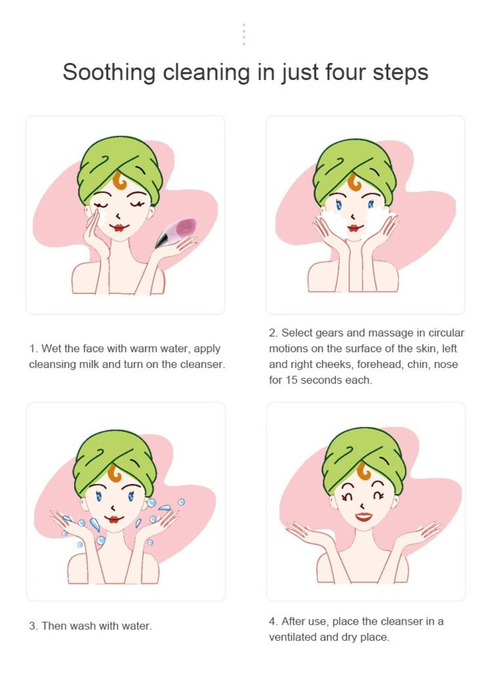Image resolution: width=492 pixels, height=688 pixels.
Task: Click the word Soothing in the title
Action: [x=108, y=72]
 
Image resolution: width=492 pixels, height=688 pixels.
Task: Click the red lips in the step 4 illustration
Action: [x=363, y=517]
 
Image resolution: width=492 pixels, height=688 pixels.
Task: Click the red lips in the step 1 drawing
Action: [x=119, y=228]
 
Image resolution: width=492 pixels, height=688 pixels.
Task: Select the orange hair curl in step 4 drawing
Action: [x=365, y=471]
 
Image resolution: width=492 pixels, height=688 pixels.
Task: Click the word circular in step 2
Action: [x=446, y=333]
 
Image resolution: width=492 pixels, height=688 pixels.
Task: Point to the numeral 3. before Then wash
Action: [x=33, y=626]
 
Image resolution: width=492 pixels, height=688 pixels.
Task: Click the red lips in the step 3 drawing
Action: [x=114, y=519]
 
